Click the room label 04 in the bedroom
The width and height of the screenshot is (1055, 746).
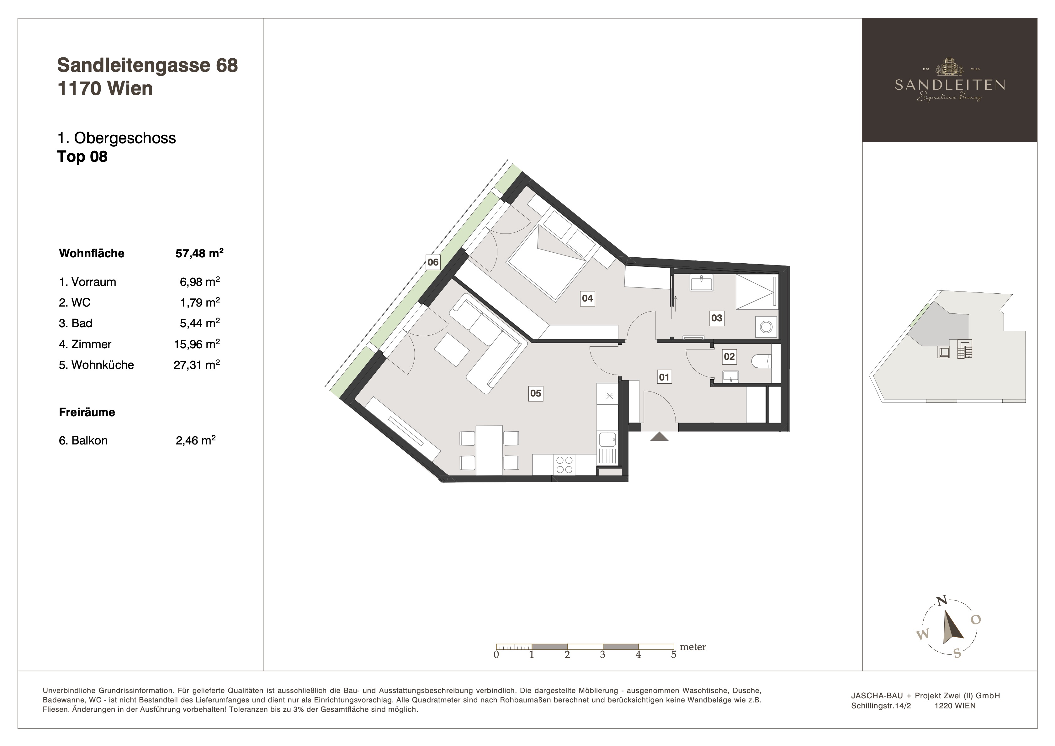(x=587, y=298)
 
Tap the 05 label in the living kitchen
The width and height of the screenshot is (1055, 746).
(x=535, y=393)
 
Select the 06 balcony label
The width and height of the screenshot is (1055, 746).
(x=433, y=262)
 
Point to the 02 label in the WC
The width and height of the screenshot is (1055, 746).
(x=729, y=356)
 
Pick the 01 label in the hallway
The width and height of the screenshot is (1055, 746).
(x=664, y=377)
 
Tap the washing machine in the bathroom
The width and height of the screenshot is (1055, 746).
(x=766, y=327)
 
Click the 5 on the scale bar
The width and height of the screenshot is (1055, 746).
(x=674, y=654)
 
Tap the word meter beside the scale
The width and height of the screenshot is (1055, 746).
(x=692, y=647)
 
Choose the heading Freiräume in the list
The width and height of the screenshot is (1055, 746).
(x=87, y=412)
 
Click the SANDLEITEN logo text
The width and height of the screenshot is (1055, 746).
(x=950, y=85)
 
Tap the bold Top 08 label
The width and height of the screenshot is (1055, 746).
(x=82, y=157)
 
